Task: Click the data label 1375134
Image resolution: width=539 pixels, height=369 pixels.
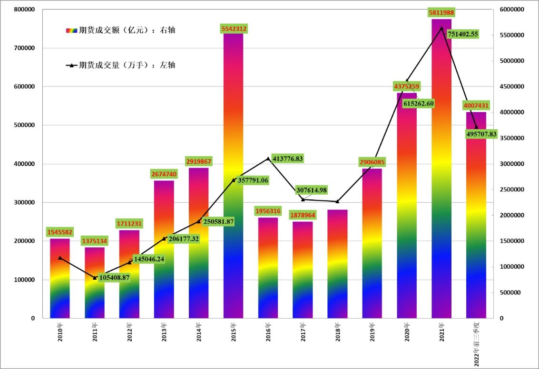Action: pyautogui.click(x=94, y=241)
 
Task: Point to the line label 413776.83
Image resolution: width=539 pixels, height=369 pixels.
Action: pyautogui.click(x=288, y=158)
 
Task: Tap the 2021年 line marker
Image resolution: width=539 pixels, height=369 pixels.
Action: pyautogui.click(x=441, y=28)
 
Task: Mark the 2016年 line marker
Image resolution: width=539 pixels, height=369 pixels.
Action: pyautogui.click(x=268, y=159)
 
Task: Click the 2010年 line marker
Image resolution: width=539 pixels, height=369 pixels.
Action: pyautogui.click(x=59, y=258)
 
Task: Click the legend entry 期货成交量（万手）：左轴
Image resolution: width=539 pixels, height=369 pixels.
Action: pyautogui.click(x=121, y=65)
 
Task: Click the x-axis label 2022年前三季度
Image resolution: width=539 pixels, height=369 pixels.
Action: pyautogui.click(x=476, y=342)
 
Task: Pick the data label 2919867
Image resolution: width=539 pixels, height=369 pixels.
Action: pyautogui.click(x=198, y=161)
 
